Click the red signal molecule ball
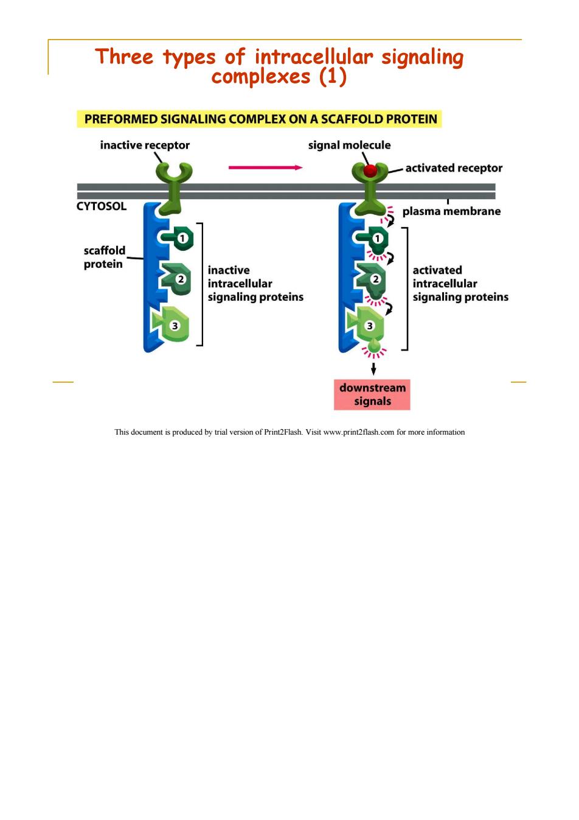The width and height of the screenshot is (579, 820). [x=370, y=170]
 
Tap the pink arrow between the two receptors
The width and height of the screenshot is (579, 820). [x=266, y=167]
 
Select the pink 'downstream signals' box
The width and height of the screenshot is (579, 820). [x=372, y=394]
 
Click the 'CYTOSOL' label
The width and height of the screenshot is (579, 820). [x=102, y=206]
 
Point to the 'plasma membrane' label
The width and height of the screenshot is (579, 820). [x=451, y=211]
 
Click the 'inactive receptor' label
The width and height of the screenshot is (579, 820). [x=145, y=145]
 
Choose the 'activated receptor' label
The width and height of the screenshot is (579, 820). [x=454, y=168]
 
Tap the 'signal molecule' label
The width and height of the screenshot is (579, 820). [x=349, y=145]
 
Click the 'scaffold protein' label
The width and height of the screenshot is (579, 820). [x=104, y=258]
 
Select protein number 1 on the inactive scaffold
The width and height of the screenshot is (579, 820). [x=178, y=238]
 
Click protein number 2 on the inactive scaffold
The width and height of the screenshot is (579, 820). [x=176, y=279]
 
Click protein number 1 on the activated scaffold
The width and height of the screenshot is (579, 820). [x=373, y=239]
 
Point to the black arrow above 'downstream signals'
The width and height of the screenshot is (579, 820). [x=373, y=369]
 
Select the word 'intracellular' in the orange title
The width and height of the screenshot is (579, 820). [x=314, y=57]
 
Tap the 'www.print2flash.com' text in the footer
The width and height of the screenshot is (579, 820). [x=359, y=432]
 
